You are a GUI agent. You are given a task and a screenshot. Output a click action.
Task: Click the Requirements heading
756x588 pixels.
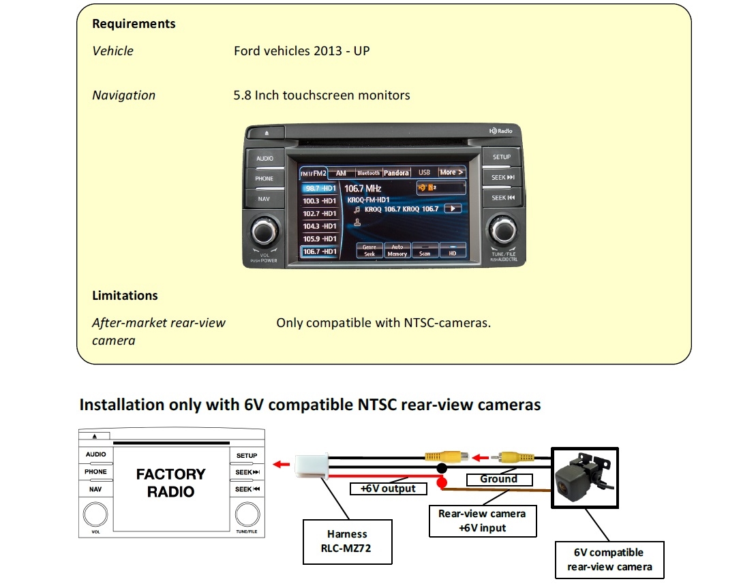coord(134,24)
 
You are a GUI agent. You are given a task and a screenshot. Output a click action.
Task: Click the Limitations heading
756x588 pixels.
coord(125,296)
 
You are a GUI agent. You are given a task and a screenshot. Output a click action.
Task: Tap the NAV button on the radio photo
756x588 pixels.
coord(264,199)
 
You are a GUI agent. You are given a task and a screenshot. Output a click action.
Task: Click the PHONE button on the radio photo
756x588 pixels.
coord(264,179)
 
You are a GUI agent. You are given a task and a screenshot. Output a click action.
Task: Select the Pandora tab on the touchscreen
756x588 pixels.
coord(396,173)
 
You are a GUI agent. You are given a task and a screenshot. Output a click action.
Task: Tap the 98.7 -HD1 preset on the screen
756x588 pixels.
coord(320,188)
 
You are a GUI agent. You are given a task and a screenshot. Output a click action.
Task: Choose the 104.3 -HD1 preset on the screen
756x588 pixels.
coord(320,226)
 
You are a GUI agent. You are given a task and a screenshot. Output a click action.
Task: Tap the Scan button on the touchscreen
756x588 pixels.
coord(425,250)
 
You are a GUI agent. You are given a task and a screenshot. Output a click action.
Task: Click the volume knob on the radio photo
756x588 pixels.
coord(264,232)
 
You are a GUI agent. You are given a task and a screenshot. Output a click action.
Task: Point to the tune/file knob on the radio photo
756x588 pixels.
coord(503,232)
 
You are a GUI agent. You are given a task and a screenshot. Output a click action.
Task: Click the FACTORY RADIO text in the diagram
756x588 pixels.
coord(170,482)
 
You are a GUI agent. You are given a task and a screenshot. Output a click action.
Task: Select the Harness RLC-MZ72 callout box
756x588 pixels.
coord(347,541)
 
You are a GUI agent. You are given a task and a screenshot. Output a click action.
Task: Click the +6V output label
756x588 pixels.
coord(382,489)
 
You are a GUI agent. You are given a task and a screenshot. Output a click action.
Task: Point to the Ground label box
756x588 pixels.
coord(498,479)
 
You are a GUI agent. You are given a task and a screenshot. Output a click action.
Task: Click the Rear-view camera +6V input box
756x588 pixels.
coord(482,521)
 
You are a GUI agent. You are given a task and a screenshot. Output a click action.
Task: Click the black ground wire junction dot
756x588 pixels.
coord(442,469)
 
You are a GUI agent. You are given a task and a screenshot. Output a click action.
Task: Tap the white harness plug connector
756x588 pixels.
coord(310,467)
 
